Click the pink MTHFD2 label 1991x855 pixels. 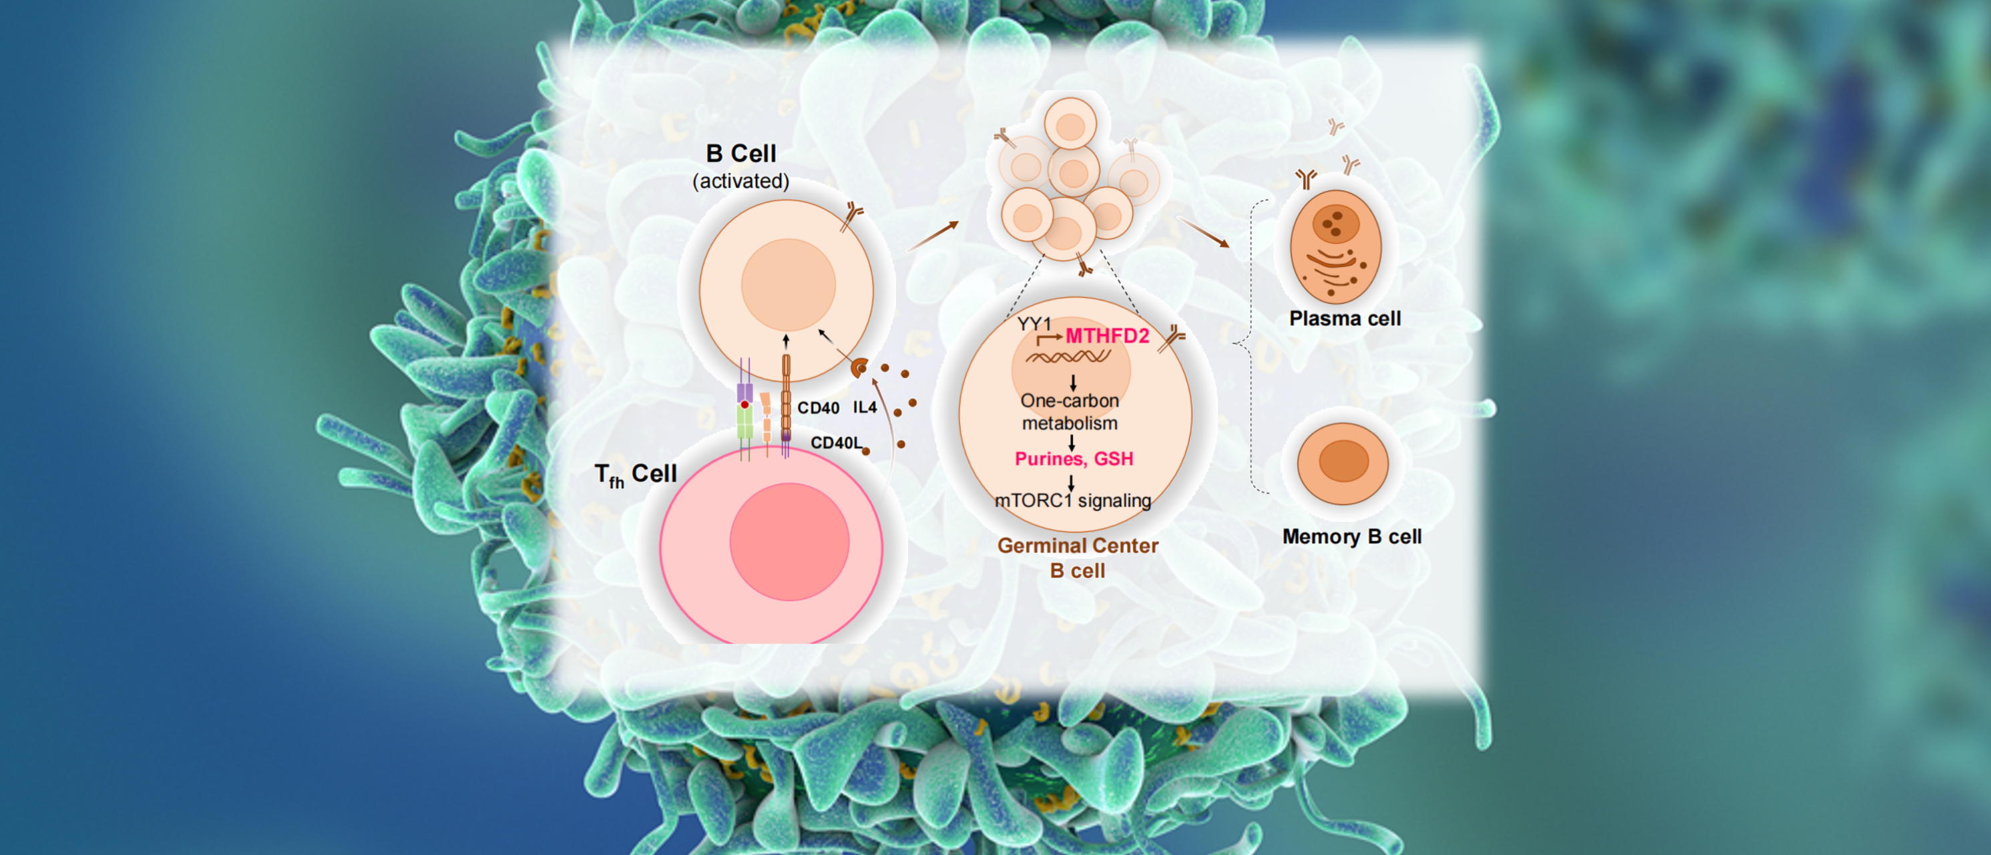pos(1107,336)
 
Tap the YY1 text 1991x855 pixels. pos(1034,324)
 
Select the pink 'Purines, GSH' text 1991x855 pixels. pos(1074,458)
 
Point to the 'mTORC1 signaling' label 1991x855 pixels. pos(1073,500)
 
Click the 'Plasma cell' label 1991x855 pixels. pos(1345,319)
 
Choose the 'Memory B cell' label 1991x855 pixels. pos(1352,536)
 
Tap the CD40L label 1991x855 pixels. pos(835,442)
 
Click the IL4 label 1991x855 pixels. pos(865,407)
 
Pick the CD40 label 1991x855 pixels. pos(818,408)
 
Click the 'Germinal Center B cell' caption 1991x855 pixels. pos(1078,557)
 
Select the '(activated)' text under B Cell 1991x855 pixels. pos(740,181)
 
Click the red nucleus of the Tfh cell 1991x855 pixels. pos(789,541)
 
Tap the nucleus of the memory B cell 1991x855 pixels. pos(1343,461)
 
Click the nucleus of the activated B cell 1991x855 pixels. pos(788,285)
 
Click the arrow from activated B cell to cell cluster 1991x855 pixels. pos(933,236)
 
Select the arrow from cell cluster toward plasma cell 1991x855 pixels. pos(1202,232)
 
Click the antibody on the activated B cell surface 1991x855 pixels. pos(852,216)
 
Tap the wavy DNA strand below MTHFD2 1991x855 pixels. pos(1068,357)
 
